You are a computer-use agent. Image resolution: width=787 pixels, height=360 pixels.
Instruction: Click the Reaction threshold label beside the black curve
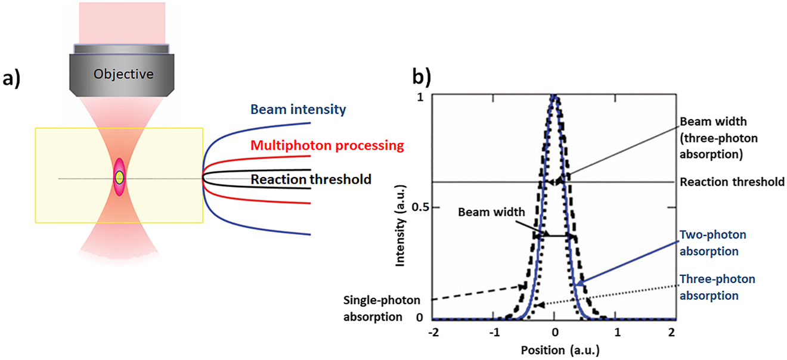click(311, 179)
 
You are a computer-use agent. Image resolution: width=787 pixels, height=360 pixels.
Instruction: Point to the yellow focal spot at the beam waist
click(120, 177)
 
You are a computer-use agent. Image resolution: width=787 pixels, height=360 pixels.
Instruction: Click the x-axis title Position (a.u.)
click(555, 348)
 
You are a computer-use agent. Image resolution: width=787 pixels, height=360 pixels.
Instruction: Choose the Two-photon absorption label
click(710, 243)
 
